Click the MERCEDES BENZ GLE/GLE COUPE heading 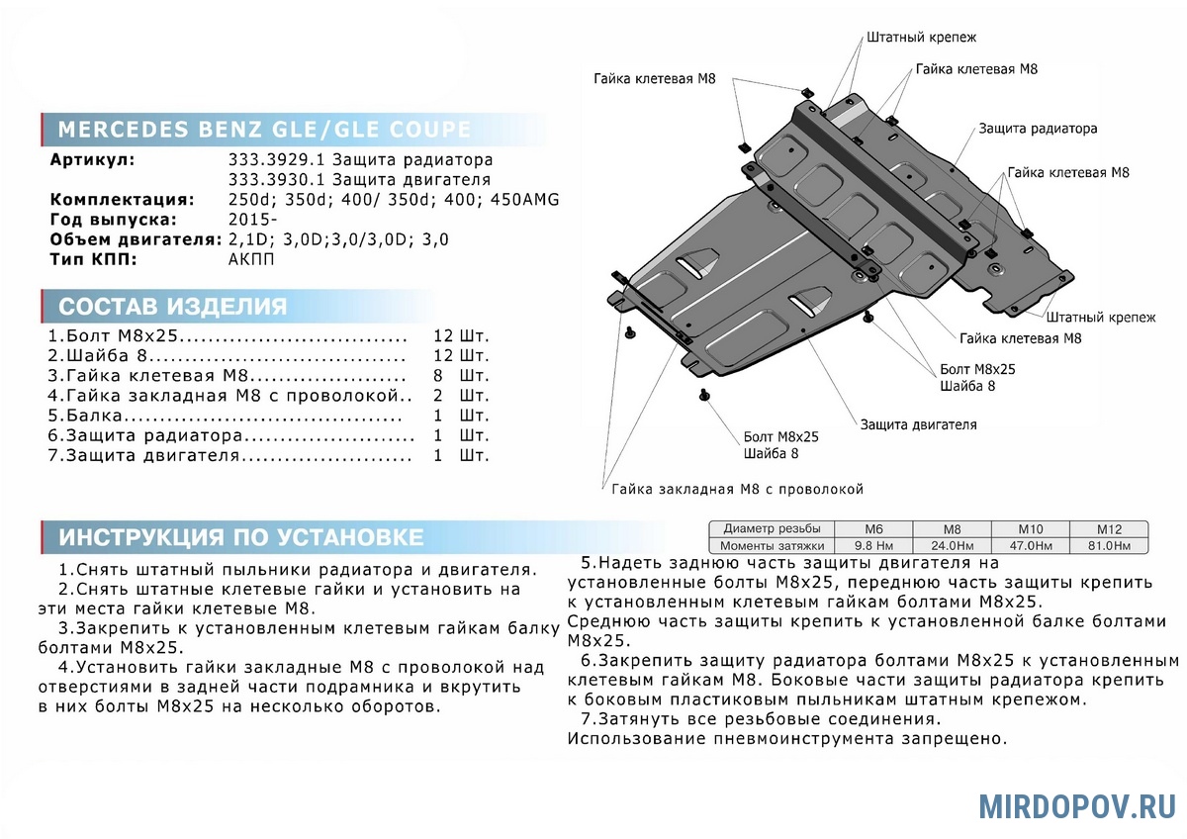click(264, 131)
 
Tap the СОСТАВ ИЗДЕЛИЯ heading click(173, 306)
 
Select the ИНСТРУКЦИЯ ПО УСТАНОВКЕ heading click(240, 537)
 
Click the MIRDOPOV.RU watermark click(1077, 806)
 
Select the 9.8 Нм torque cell click(874, 546)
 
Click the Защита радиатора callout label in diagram click(1038, 129)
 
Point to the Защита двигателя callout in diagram click(918, 424)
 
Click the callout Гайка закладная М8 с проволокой click(737, 489)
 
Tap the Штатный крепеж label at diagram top click(921, 38)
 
